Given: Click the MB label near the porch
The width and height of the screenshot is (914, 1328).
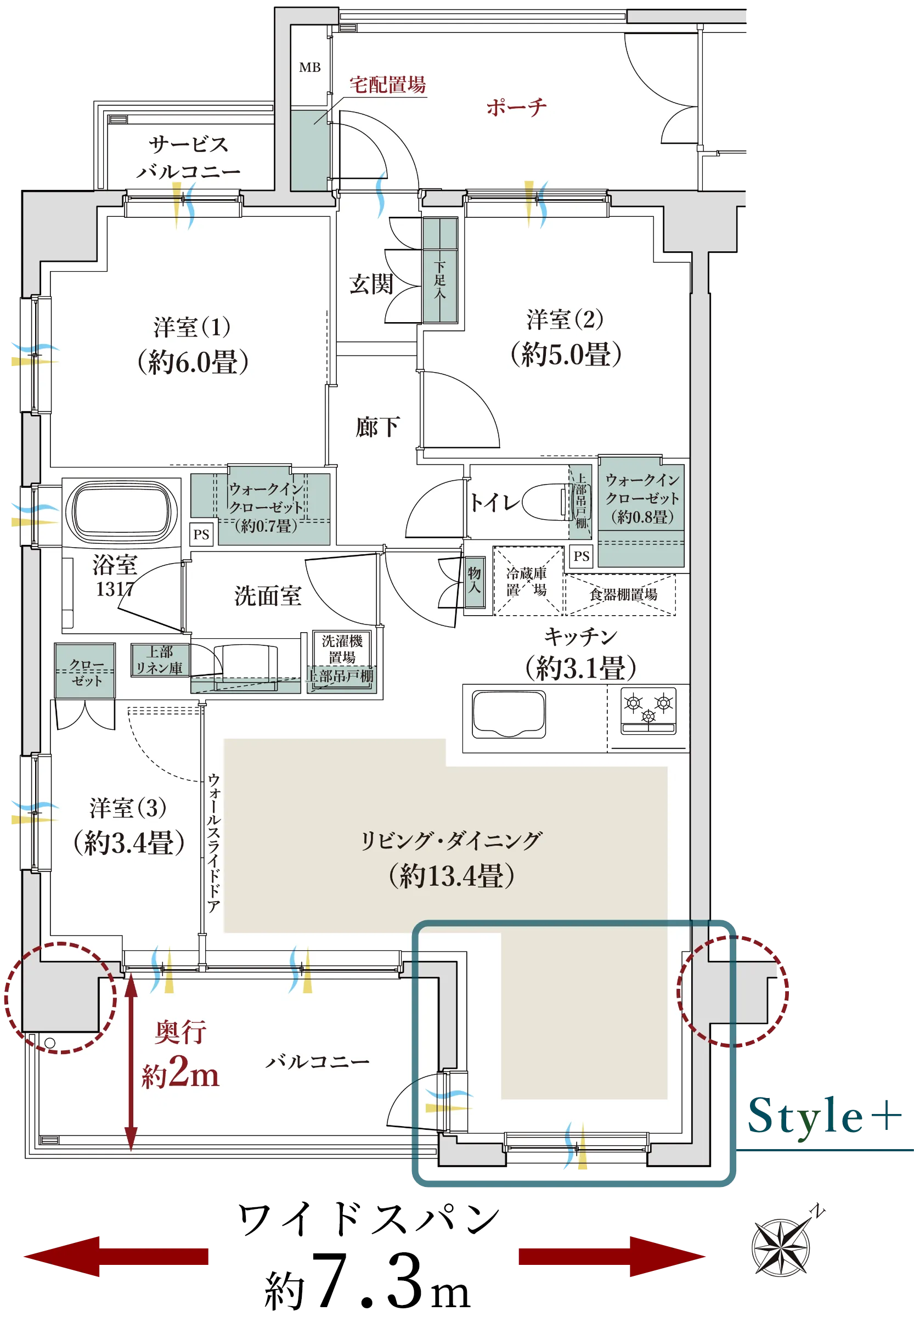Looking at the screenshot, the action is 310,67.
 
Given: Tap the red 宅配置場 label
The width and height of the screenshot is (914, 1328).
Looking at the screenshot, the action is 388,85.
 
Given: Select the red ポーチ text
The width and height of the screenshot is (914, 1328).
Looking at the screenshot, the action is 517,107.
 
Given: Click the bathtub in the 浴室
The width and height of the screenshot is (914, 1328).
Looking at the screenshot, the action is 121,512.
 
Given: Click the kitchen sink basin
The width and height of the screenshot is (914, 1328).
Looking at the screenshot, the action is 509,714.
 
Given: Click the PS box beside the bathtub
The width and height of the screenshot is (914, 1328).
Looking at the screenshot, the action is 201,534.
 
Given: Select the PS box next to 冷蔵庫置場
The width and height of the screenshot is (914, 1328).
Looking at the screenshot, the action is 582,556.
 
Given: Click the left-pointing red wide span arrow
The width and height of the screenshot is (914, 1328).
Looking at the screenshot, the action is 116,1256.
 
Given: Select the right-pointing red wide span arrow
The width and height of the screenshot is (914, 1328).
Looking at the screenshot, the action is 612,1256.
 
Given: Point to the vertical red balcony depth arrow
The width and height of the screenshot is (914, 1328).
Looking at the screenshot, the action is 131,1062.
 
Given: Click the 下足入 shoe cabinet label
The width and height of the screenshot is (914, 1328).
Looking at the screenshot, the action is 439,280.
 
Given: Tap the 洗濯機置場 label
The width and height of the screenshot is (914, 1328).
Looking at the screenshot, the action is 342,649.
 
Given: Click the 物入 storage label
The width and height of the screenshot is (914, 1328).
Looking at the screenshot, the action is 474,580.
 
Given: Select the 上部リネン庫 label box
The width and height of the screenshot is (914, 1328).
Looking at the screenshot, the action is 159,660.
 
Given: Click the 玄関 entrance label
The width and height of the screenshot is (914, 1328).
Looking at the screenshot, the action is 371,284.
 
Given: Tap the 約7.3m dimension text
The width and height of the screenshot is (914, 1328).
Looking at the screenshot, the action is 368,1283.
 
